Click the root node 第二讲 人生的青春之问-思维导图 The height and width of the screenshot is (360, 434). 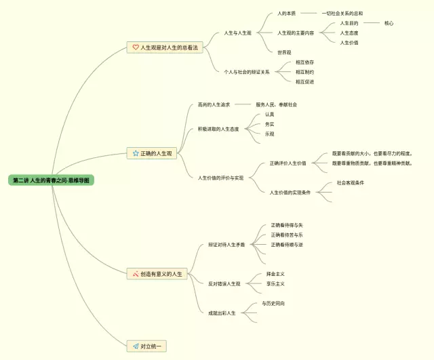click(x=51, y=180)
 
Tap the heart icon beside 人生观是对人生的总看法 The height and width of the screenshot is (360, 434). click(x=135, y=47)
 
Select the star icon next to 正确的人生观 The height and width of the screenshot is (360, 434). click(x=135, y=154)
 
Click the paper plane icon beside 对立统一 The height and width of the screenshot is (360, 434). click(x=135, y=346)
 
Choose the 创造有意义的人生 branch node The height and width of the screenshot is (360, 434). click(x=161, y=274)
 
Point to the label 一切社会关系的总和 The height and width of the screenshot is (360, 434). click(x=342, y=14)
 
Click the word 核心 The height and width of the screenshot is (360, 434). click(x=389, y=23)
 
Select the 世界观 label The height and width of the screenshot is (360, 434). click(x=284, y=52)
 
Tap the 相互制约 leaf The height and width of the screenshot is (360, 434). click(x=304, y=72)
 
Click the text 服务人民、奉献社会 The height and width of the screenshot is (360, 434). click(x=276, y=104)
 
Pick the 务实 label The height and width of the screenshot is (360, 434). click(x=270, y=124)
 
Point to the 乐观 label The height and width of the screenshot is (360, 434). click(x=270, y=134)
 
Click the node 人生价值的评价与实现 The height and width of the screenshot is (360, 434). click(x=220, y=178)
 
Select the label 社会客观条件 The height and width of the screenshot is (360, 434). click(x=351, y=183)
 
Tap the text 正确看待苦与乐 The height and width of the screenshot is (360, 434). click(x=287, y=235)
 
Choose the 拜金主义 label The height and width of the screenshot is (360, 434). click(x=275, y=274)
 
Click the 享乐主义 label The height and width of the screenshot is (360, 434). click(x=275, y=283)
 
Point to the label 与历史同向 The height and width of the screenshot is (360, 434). click(x=273, y=304)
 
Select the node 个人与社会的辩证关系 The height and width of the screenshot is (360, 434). click(x=247, y=72)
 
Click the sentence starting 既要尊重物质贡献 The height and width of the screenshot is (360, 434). click(x=372, y=163)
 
